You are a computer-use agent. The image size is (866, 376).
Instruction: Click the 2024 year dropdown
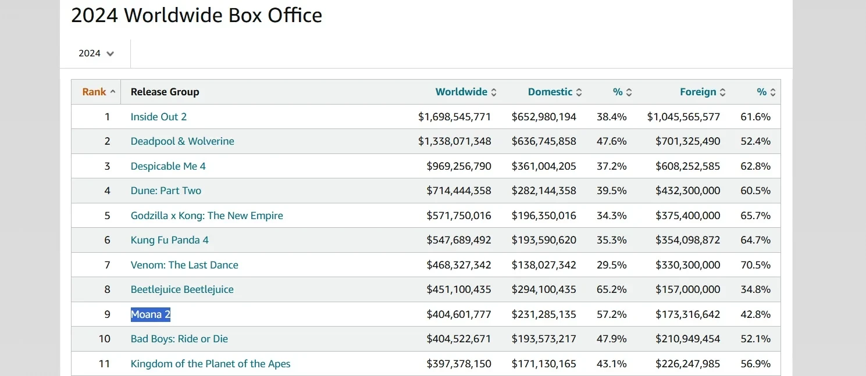pyautogui.click(x=96, y=53)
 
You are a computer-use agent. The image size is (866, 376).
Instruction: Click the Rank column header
pyautogui.click(x=94, y=92)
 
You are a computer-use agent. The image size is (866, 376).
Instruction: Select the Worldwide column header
pyautogui.click(x=461, y=92)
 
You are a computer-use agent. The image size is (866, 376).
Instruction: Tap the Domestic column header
pyautogui.click(x=550, y=92)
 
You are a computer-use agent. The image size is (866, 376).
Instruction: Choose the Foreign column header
pyautogui.click(x=698, y=92)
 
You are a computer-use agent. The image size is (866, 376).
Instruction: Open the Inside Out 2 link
pyautogui.click(x=159, y=117)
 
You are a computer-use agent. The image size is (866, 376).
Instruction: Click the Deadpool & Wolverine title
pyautogui.click(x=183, y=141)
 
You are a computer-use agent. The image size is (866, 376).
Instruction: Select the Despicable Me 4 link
pyautogui.click(x=168, y=166)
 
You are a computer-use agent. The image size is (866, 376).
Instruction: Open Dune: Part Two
pyautogui.click(x=166, y=191)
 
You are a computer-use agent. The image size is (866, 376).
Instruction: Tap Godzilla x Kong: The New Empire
pyautogui.click(x=207, y=216)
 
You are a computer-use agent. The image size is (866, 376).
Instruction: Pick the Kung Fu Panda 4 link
pyautogui.click(x=169, y=240)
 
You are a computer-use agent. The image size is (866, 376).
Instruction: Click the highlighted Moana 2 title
pyautogui.click(x=151, y=314)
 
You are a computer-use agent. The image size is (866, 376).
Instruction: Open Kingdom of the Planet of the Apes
pyautogui.click(x=211, y=364)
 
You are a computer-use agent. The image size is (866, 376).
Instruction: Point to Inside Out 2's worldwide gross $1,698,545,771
pyautogui.click(x=454, y=117)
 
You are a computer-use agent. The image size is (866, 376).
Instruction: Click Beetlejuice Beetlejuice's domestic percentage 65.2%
pyautogui.click(x=611, y=289)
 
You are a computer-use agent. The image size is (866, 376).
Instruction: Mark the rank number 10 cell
pyautogui.click(x=104, y=339)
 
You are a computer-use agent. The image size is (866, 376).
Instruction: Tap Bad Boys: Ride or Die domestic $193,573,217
pyautogui.click(x=544, y=339)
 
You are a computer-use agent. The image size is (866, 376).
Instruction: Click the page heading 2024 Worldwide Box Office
pyautogui.click(x=197, y=16)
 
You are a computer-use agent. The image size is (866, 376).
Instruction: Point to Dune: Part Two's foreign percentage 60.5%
pyautogui.click(x=755, y=191)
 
